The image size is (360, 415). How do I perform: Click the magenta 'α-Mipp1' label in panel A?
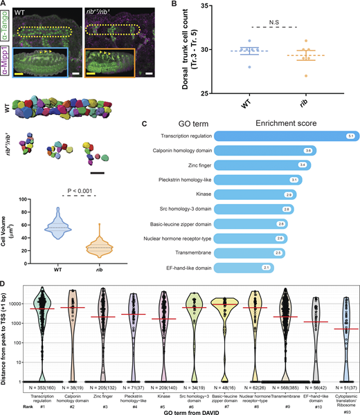(5, 63)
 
